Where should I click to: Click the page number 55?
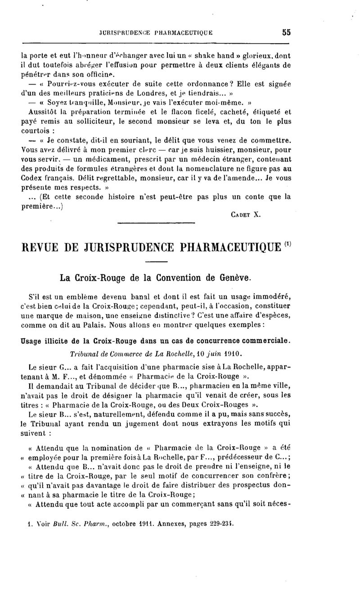pos(287,32)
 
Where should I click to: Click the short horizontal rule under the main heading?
pos(156,262)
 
